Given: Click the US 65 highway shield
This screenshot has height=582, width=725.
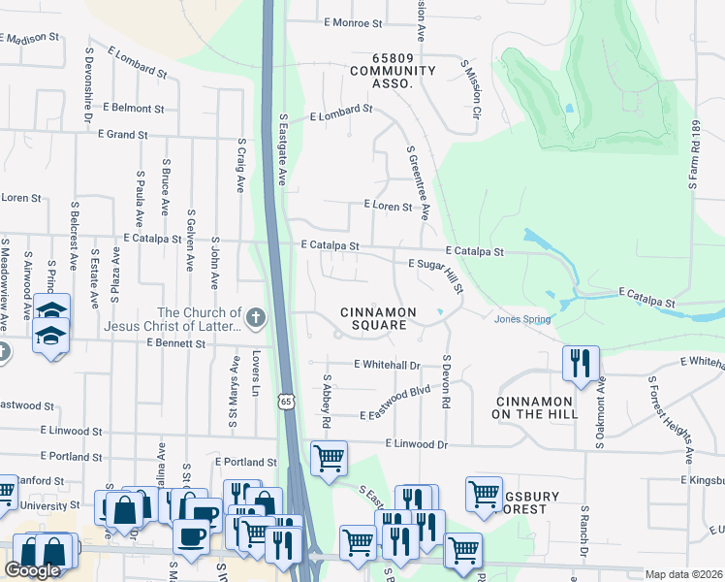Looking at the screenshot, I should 285,401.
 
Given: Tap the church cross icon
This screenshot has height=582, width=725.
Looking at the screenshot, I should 256,317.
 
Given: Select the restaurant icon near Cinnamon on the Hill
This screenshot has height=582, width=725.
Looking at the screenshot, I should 581,364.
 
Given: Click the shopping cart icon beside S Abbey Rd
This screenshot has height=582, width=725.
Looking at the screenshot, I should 329,458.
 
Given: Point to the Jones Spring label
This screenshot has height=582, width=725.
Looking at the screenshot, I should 522,319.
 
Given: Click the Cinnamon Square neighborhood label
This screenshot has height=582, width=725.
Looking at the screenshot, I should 378,318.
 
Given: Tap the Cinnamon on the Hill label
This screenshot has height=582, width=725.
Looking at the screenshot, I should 537,407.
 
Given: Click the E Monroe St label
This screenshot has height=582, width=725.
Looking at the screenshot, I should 354,21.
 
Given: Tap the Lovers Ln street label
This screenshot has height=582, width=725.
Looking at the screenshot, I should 257,372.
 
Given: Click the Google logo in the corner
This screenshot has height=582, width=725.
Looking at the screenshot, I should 32,570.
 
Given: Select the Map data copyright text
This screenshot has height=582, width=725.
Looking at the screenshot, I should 683,574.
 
